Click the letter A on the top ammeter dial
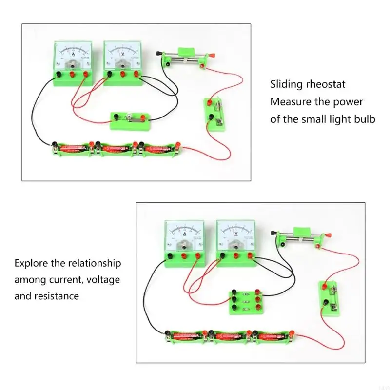coord(73,54)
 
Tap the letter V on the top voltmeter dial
coord(122,54)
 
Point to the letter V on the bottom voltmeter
coord(236,234)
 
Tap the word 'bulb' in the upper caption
coord(364,119)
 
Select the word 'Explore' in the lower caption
coord(32,263)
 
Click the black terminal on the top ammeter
coord(58,75)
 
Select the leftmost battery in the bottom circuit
coord(186,335)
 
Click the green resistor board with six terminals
coord(242,302)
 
